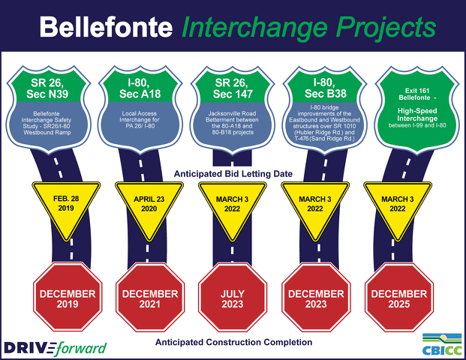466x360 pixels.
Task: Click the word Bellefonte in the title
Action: point(106,27)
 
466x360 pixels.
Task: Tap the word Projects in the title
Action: point(386,28)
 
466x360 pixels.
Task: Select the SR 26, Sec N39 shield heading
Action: point(47,88)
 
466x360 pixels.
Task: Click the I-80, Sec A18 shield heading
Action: point(140,88)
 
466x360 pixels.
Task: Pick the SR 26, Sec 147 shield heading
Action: point(233,88)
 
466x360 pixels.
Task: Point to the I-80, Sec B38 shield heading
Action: point(325,88)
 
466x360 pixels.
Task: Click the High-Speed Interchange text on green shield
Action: point(417,115)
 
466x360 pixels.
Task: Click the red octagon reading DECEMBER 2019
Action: point(68,297)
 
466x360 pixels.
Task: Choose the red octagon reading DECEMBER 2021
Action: point(150,297)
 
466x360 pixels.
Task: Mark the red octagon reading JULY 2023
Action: point(233,297)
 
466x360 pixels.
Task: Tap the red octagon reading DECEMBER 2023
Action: point(316,297)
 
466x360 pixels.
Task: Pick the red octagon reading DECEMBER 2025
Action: point(398,297)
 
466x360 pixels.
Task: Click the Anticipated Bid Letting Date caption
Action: point(233,174)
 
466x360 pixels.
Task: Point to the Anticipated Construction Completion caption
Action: point(233,342)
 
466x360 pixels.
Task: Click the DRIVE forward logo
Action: point(55,348)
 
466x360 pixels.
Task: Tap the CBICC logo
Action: point(442,344)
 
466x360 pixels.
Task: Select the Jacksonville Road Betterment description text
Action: point(233,123)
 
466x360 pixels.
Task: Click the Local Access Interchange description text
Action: point(140,119)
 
